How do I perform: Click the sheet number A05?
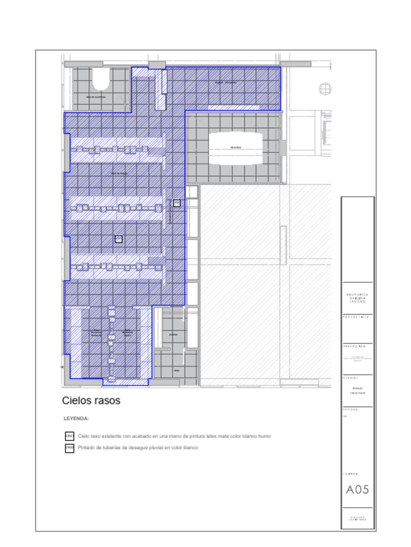[x=357, y=489]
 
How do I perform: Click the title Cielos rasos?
[x=91, y=401]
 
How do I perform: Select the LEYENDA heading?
[x=76, y=419]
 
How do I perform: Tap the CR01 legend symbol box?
[x=70, y=436]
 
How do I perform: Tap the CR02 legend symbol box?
[x=70, y=448]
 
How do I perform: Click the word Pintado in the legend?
[x=86, y=448]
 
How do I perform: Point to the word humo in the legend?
[x=265, y=436]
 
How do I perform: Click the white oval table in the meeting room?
[x=235, y=148]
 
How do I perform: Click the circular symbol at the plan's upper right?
[x=325, y=89]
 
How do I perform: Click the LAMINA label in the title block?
[x=351, y=474]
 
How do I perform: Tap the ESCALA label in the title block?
[x=351, y=410]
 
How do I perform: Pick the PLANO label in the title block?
[x=350, y=378]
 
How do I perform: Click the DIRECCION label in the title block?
[x=354, y=346]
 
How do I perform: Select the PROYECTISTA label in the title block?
[x=356, y=317]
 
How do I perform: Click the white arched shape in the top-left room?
[x=101, y=79]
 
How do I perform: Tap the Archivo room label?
[x=173, y=334]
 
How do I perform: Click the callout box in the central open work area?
[x=118, y=239]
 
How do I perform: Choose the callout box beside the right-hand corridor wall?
[x=177, y=203]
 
